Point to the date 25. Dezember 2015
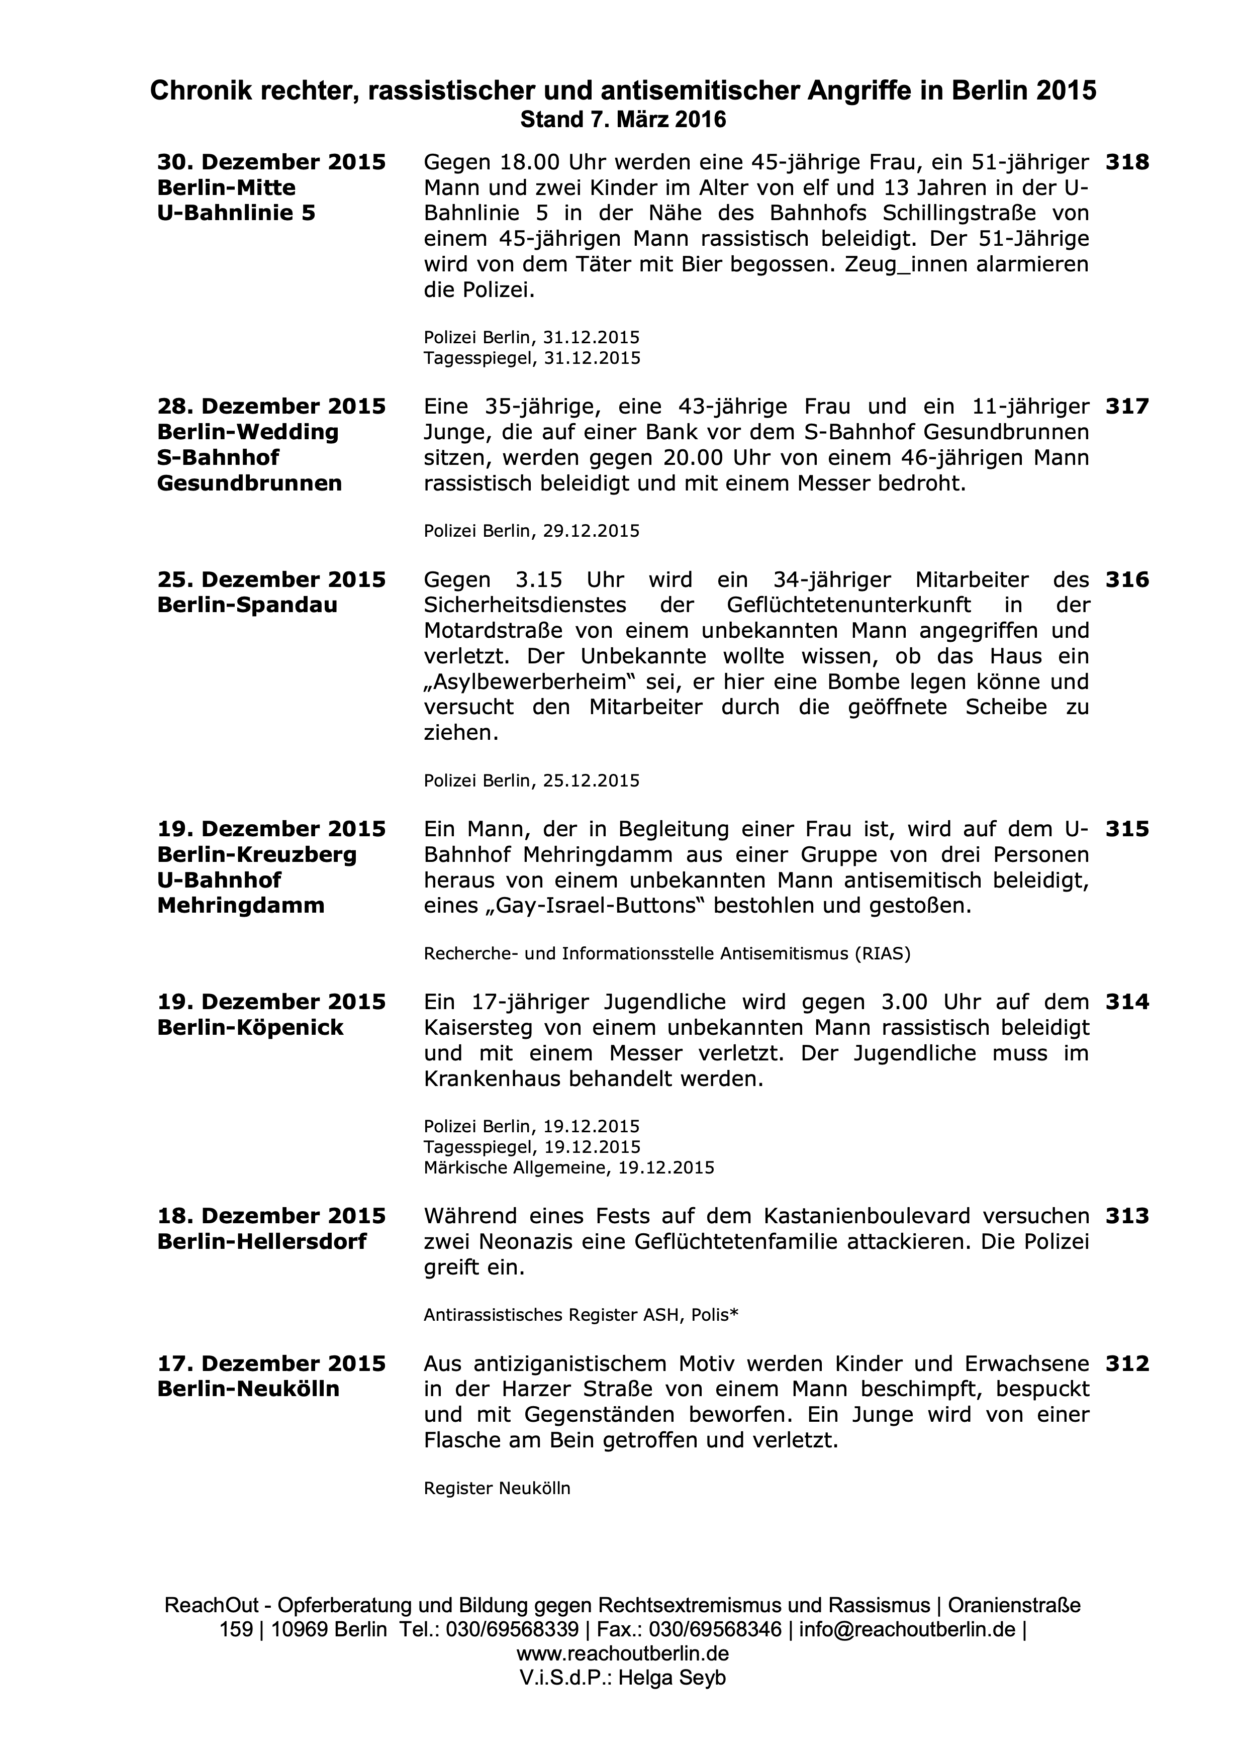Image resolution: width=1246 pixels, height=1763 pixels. (x=271, y=580)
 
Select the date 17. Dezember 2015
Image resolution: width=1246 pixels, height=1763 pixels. (x=271, y=1364)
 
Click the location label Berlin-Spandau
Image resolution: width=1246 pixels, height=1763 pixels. (x=247, y=605)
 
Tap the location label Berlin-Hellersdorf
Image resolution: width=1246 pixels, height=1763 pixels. (x=262, y=1242)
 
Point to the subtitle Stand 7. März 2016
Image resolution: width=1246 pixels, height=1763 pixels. (x=623, y=120)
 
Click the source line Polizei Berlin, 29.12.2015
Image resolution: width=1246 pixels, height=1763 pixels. (x=531, y=531)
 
